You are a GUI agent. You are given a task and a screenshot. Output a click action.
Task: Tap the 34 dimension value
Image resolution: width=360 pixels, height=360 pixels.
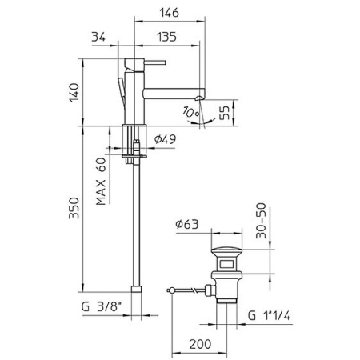pyautogui.click(x=99, y=37)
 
